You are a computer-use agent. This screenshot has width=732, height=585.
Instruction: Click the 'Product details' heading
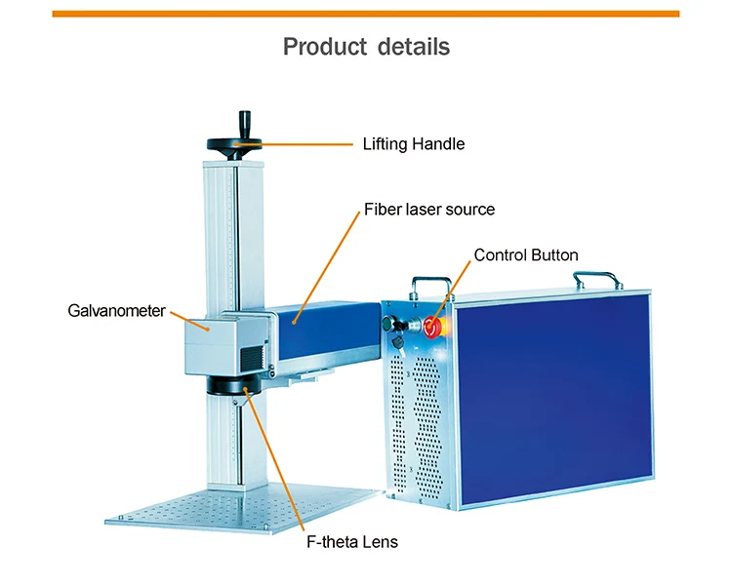click(366, 46)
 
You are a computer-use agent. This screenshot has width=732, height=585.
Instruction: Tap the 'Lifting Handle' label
click(413, 144)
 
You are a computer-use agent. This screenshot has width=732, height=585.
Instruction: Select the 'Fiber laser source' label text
click(429, 210)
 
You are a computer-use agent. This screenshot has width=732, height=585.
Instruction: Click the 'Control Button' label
click(525, 255)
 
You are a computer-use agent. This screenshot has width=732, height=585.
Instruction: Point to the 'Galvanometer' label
click(117, 312)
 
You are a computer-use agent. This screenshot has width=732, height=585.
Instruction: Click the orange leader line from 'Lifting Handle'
click(303, 144)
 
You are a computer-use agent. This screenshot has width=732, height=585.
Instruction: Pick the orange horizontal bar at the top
click(366, 14)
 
